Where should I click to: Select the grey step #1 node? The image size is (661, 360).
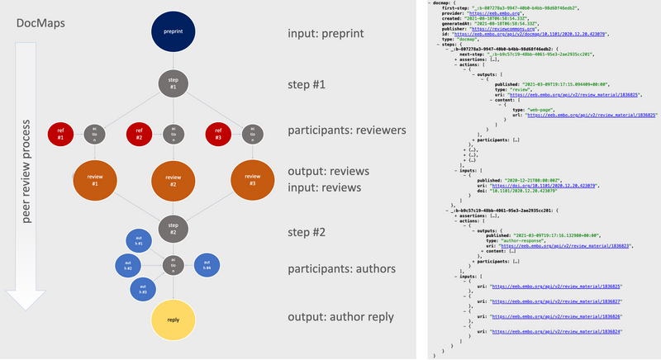[173, 83]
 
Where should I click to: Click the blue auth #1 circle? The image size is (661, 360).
[138, 242]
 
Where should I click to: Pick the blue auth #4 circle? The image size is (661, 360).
[206, 265]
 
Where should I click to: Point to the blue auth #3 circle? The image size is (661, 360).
[143, 288]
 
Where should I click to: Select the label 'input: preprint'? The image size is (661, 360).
[325, 36]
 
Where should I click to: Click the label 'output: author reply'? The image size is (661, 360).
[340, 318]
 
